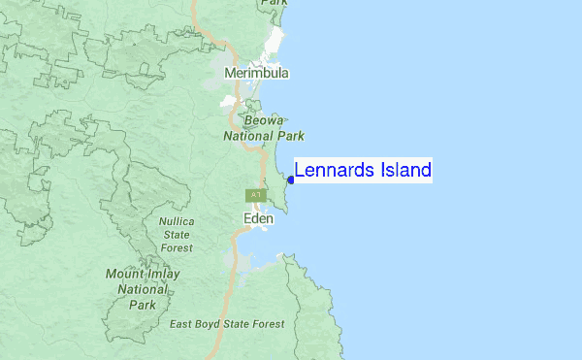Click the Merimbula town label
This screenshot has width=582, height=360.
(x=256, y=73)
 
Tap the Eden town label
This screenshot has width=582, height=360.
(x=257, y=219)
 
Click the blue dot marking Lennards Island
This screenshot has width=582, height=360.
(x=291, y=180)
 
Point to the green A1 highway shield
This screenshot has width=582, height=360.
(x=255, y=196)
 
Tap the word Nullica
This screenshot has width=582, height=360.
(x=176, y=221)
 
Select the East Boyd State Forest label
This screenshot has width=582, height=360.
(x=226, y=324)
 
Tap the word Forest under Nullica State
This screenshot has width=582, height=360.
(x=176, y=247)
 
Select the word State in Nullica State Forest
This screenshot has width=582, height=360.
(x=176, y=234)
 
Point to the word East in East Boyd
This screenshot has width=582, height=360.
(x=182, y=324)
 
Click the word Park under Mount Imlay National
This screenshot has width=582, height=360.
(x=143, y=305)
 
